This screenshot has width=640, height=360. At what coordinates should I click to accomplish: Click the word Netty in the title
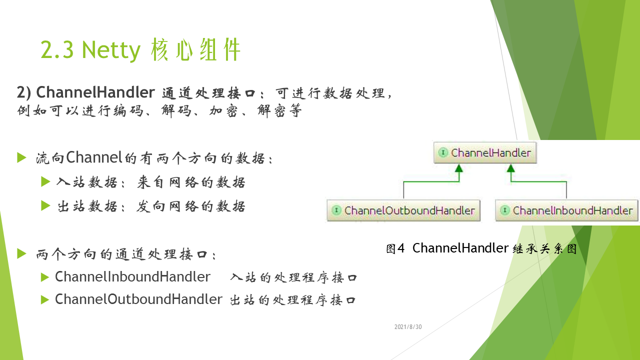111,50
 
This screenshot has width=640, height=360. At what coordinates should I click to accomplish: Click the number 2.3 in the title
57,49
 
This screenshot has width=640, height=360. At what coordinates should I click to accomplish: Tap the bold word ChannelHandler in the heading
95,92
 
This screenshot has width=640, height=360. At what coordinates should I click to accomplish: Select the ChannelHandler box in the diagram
485,152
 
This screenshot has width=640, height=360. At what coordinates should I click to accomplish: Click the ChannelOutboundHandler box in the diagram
403,210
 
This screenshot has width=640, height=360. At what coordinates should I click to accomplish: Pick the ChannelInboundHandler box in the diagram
566,210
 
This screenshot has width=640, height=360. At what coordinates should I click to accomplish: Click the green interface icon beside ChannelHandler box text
443,152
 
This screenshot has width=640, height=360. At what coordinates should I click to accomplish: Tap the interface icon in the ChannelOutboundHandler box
336,210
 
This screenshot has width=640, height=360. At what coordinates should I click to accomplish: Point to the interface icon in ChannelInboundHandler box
505,210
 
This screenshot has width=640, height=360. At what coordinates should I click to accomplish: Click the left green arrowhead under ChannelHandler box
459,168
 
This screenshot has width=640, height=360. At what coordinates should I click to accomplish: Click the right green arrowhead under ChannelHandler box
511,168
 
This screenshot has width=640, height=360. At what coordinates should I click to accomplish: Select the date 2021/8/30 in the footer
408,327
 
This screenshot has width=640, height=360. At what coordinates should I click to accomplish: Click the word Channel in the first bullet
94,157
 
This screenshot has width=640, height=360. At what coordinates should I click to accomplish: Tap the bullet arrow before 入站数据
45,181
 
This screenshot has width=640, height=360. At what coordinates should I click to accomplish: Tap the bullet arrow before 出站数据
45,205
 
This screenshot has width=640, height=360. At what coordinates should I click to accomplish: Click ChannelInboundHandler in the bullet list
132,276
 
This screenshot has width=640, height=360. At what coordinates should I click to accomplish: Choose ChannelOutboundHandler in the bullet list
138,299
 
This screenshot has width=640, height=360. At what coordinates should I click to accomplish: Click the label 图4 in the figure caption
395,248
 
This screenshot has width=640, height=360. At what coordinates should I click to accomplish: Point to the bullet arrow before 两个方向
21,253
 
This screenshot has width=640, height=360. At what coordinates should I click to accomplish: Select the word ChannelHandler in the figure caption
460,247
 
